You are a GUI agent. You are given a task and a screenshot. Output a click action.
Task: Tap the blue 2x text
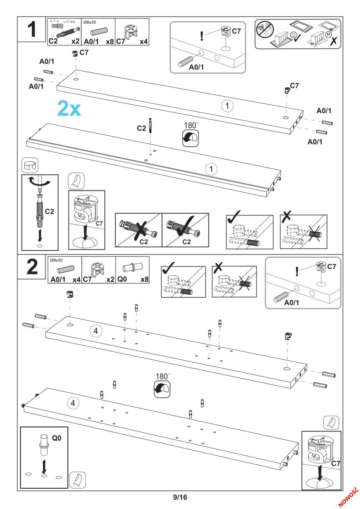pos(68,109)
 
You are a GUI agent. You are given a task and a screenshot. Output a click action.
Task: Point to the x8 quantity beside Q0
pos(143,280)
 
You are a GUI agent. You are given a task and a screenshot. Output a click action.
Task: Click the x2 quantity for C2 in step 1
pos(76,42)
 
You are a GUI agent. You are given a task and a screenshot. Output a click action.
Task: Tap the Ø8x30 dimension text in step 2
pos(56,260)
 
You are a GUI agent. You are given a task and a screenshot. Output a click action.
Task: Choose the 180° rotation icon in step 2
pos(163,388)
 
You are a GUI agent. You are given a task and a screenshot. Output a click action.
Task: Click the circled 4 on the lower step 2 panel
pos(73,403)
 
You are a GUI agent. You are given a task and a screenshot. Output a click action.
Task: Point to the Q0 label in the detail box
pos(56,436)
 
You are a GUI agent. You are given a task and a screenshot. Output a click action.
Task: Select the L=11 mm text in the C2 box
pos(68,22)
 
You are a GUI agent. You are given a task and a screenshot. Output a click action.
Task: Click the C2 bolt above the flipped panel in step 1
pos(150,127)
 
